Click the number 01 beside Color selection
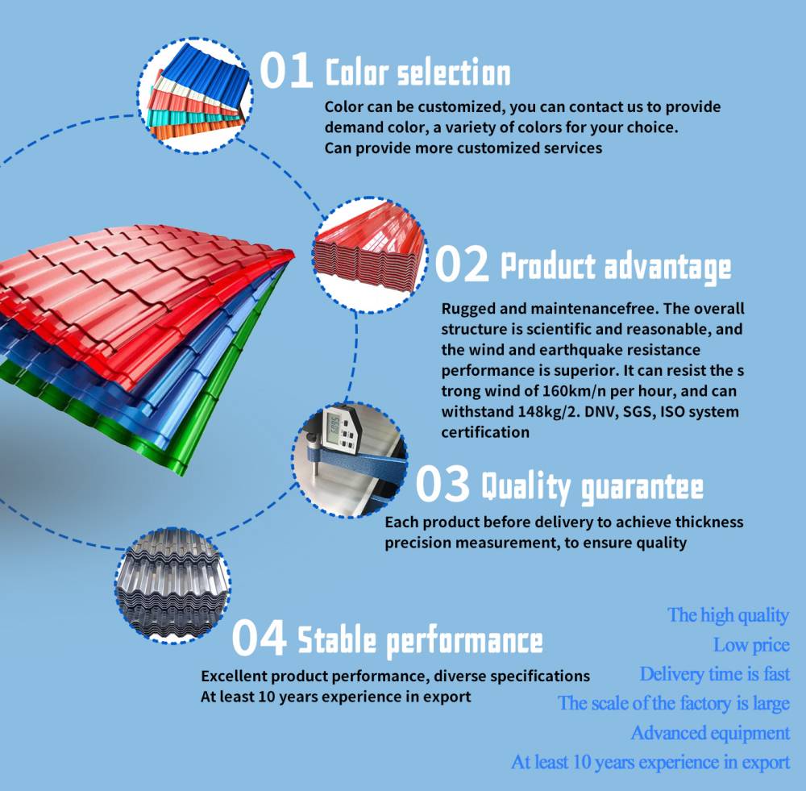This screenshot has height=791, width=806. pos(286,70)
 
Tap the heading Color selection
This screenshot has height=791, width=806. pos(418,73)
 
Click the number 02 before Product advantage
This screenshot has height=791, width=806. pos(462,264)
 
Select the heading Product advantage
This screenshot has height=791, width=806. pos(616,268)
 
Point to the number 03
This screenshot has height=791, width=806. pos(442,483)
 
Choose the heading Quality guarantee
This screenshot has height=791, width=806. pos(592,487)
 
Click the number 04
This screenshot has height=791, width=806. pos(259,637)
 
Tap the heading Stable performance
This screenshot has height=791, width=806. pos(421,641)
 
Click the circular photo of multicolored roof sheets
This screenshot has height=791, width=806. pos(195,96)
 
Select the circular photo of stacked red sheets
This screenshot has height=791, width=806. pos(370,255)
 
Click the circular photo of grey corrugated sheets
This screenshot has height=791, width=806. pos(172,586)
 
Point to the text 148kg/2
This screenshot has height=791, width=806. pos(546,411)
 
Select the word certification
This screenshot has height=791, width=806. pos(485,432)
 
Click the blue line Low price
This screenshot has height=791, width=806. pos(751,645)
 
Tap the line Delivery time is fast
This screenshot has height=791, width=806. pos(714,674)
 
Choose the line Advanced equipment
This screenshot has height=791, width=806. pos(710,734)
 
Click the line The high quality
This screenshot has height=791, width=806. pos(729,615)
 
